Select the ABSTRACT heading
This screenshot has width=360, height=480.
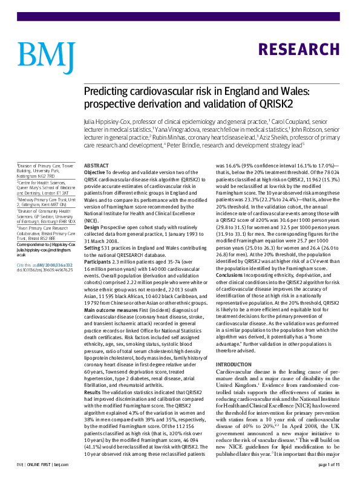pos(96,165)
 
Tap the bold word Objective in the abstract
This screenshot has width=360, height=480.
pos(95,172)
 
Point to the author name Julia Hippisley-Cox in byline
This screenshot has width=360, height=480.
pos(109,122)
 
